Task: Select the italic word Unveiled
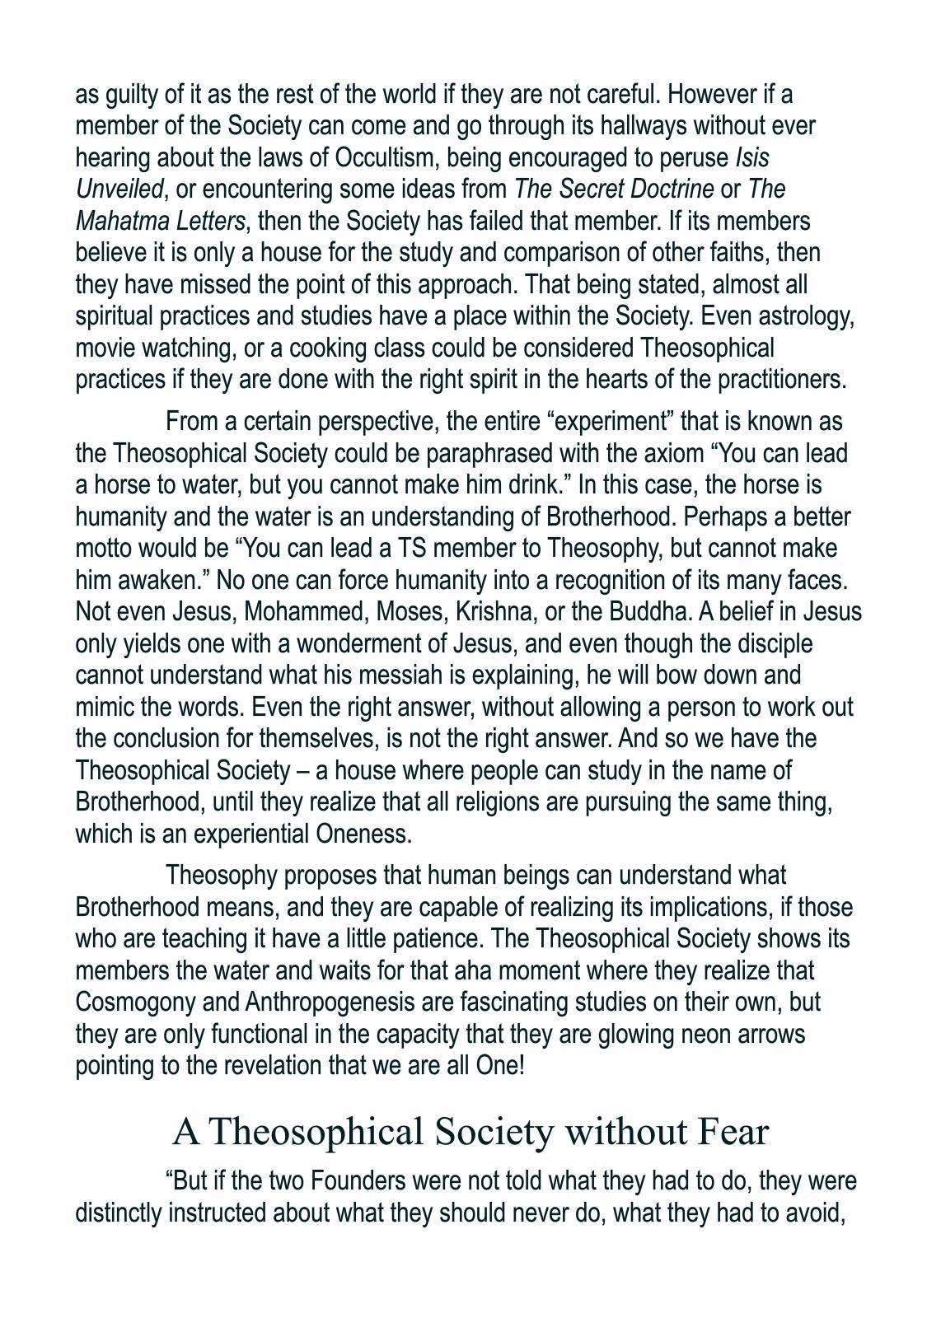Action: click(x=119, y=189)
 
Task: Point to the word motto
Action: click(x=102, y=549)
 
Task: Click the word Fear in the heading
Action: click(x=733, y=1132)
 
